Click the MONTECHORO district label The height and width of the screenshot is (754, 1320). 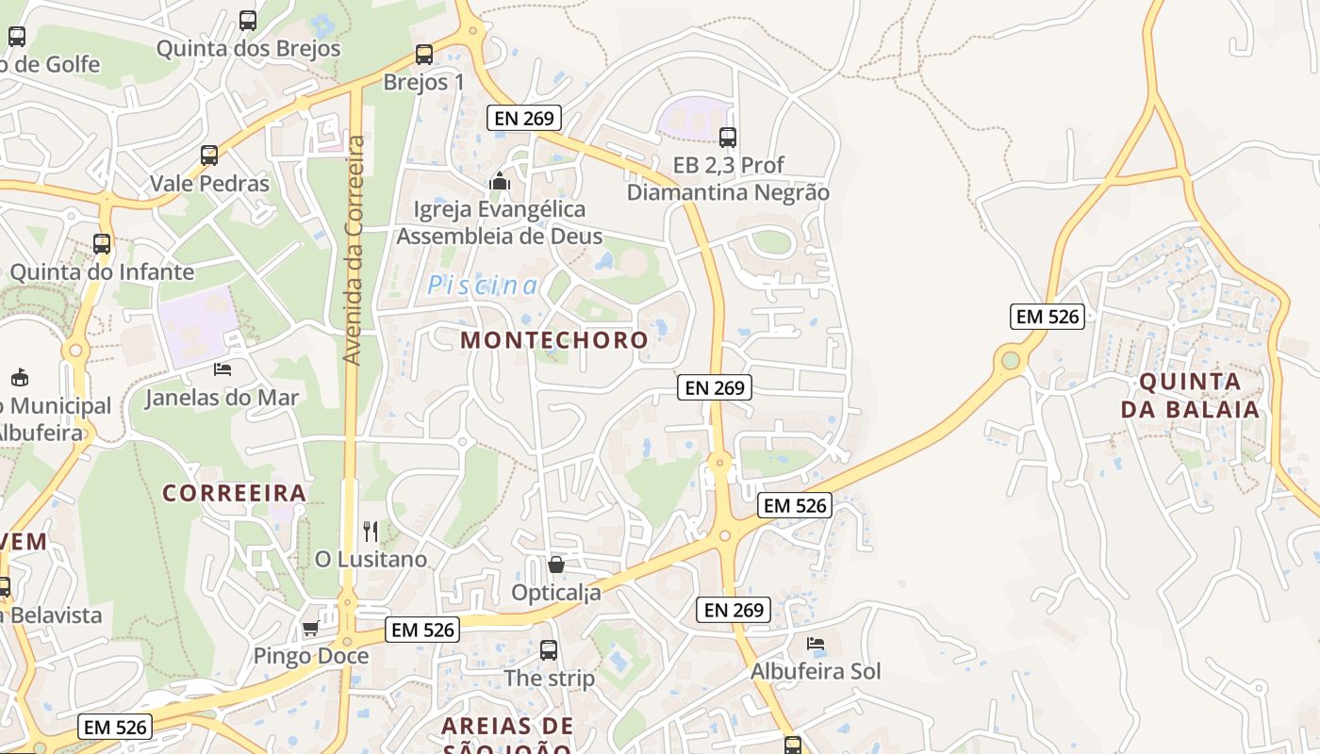tap(554, 340)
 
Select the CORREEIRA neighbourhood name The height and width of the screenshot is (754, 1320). tap(234, 493)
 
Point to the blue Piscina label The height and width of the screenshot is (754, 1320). tap(483, 286)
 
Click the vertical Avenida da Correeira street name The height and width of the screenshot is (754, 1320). tap(354, 250)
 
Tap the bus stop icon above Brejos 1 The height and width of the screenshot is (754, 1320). tap(424, 55)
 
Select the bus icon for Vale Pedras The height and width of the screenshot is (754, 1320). tap(209, 156)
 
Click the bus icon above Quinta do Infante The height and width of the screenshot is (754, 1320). tap(102, 244)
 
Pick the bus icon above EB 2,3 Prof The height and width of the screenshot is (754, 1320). tap(728, 138)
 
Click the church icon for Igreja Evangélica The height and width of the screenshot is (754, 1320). tap(500, 181)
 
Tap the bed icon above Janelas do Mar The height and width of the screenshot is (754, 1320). tap(223, 369)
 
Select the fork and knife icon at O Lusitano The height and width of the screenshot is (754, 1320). tap(371, 532)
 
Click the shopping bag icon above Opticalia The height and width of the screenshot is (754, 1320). tap(556, 565)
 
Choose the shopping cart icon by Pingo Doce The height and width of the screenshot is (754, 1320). tap(310, 628)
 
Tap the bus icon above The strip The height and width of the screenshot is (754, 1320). tap(549, 650)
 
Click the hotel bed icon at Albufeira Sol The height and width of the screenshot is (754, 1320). tap(816, 644)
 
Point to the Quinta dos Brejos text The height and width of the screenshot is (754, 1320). tap(248, 48)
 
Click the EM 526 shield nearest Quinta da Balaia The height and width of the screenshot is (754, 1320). tap(1048, 317)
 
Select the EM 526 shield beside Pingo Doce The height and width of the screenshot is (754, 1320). tap(422, 630)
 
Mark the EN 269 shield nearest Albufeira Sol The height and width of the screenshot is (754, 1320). tap(734, 610)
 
